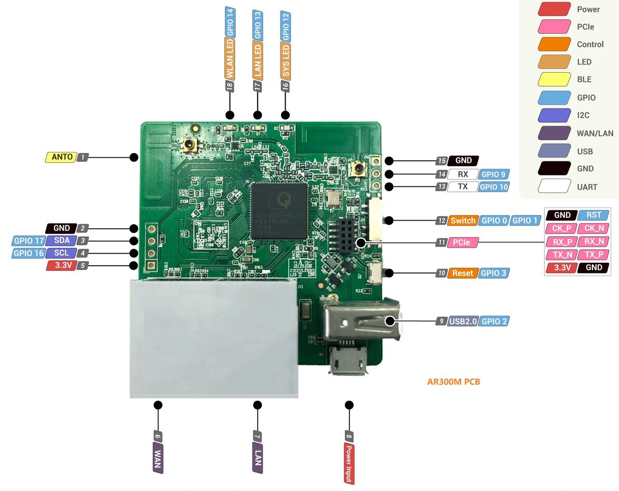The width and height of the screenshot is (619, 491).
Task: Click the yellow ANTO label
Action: click(x=61, y=157)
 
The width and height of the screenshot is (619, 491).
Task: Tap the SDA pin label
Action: click(x=61, y=240)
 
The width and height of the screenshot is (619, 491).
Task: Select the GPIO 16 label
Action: click(x=29, y=253)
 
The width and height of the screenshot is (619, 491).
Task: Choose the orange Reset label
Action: click(x=462, y=273)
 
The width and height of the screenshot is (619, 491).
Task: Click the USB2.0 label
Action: click(x=463, y=321)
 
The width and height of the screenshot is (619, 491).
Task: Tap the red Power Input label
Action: click(x=349, y=463)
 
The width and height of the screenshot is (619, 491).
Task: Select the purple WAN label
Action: click(x=158, y=458)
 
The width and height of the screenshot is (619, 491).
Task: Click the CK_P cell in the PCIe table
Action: click(x=561, y=228)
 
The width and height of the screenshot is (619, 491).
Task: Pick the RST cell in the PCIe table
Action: click(x=594, y=215)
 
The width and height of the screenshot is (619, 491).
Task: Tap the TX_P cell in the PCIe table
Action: click(x=594, y=254)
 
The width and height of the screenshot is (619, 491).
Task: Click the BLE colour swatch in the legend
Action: click(x=555, y=79)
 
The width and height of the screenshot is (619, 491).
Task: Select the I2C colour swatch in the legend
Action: click(x=555, y=115)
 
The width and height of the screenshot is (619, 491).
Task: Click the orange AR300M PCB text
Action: click(x=453, y=382)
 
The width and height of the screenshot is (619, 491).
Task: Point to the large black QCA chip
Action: click(x=278, y=211)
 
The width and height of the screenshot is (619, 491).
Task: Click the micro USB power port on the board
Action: click(x=347, y=360)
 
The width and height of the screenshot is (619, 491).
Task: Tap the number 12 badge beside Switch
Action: click(x=441, y=221)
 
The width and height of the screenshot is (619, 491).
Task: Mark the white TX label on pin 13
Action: click(x=462, y=187)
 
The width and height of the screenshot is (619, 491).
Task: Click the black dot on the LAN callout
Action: click(x=257, y=405)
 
